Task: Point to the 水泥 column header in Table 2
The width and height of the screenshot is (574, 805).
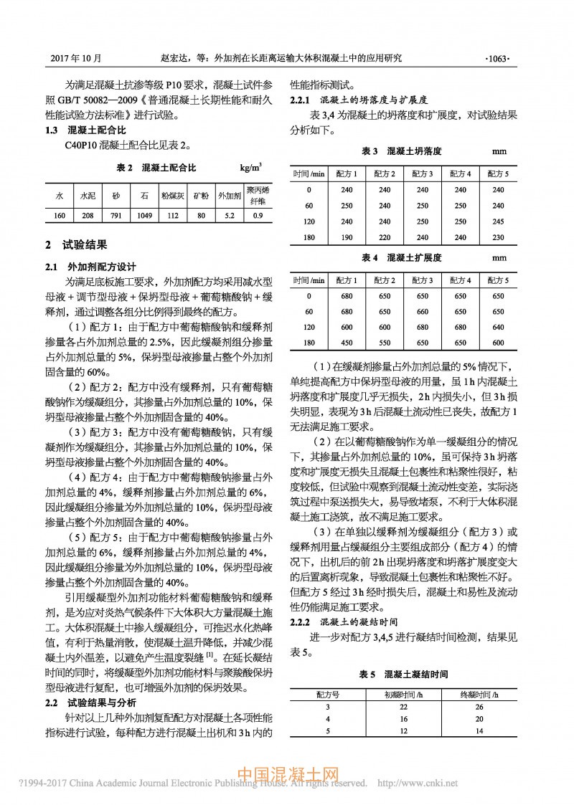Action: click(88, 194)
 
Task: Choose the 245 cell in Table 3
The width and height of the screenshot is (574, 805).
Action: click(499, 222)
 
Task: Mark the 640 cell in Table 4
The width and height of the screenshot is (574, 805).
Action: click(499, 327)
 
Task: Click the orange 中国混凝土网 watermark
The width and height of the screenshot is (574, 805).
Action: click(288, 775)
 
